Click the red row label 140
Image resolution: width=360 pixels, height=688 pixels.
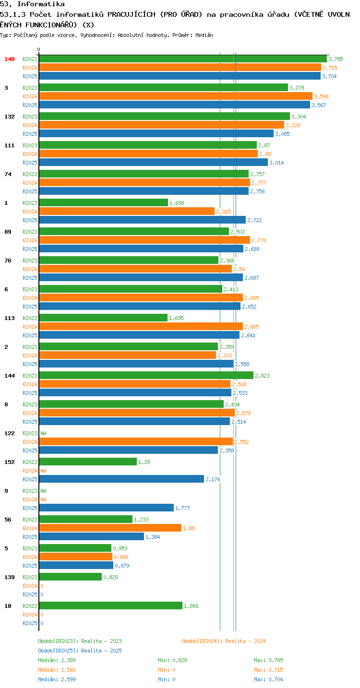point(10,59)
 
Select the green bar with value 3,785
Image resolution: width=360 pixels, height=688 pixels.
point(183,59)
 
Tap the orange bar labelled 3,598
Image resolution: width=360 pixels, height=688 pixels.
point(176,96)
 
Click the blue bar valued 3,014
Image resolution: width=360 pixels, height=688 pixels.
point(154,162)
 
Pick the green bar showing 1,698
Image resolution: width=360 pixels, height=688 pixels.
point(104,202)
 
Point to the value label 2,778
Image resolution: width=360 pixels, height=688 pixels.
point(259,240)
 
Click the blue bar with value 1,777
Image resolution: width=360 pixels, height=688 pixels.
point(106,508)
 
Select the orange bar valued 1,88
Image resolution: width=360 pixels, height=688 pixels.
point(110,528)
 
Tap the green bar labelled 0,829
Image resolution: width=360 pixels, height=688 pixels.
point(71,577)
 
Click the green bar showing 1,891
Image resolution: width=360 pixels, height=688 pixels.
point(110,605)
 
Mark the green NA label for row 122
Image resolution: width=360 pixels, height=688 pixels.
point(43,433)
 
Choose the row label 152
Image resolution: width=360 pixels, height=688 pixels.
point(10,462)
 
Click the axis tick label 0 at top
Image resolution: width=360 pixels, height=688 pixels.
point(38,49)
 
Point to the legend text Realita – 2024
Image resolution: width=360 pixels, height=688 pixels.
point(245,641)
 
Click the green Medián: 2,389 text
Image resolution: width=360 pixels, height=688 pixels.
point(57,660)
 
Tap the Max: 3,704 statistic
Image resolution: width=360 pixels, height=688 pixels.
point(268,679)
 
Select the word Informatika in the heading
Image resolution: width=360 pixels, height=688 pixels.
point(41,4)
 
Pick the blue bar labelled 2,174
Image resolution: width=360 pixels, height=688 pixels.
point(121,479)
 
